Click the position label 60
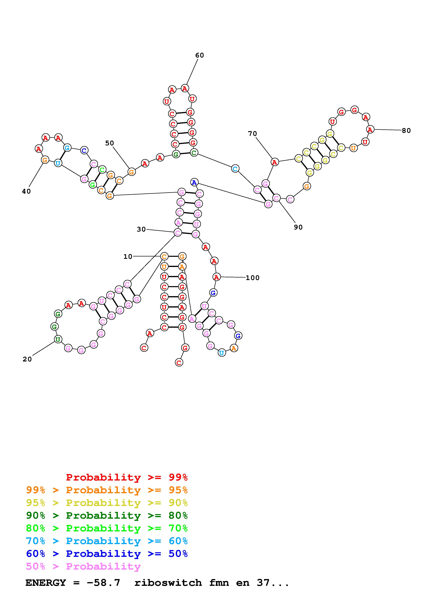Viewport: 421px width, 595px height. [200, 55]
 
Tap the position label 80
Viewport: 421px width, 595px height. [406, 131]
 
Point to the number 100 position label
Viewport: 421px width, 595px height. [252, 278]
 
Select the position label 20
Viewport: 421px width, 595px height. [27, 359]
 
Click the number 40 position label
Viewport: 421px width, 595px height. [26, 191]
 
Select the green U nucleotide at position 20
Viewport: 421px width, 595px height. [58, 339]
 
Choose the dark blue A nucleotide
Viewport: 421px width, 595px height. [194, 182]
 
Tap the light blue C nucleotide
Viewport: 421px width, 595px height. [235, 169]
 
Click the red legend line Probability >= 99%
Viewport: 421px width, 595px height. [127, 477]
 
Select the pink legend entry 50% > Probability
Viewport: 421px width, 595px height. [83, 567]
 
